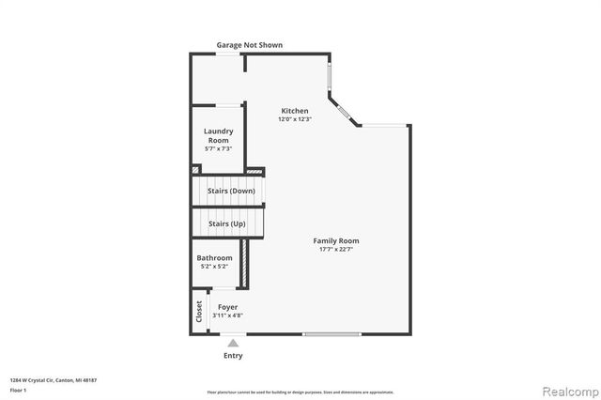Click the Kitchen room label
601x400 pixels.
(x=294, y=111)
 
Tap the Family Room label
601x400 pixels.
(x=336, y=240)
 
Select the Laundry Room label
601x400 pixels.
(x=218, y=135)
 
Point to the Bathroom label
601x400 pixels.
(x=214, y=258)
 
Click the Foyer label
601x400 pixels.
(x=227, y=307)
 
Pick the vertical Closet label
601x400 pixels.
(x=199, y=313)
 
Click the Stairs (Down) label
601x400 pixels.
(x=231, y=191)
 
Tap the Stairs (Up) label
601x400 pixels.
(x=227, y=223)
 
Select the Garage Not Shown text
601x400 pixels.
(x=249, y=45)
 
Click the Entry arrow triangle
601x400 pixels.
(x=233, y=344)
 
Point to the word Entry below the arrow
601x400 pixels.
(x=233, y=356)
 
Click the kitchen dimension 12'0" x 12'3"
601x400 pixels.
(x=294, y=119)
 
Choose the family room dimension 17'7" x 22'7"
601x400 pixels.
(x=336, y=249)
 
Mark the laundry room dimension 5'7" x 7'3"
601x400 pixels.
(x=218, y=148)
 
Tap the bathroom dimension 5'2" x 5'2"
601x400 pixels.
(x=214, y=267)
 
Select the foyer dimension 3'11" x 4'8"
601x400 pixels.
(x=227, y=315)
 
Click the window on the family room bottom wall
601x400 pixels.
(x=331, y=333)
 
